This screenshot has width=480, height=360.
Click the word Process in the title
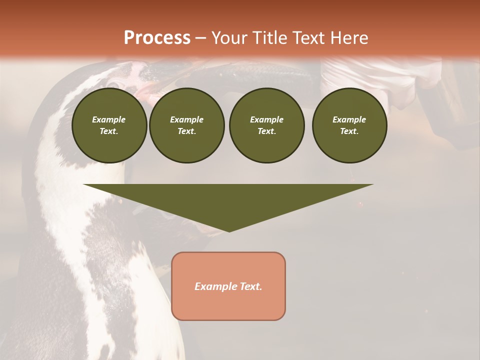(157, 38)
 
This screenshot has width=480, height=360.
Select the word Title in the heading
(269, 38)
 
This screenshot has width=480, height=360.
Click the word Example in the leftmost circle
(109, 119)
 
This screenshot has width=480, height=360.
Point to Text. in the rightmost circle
(349, 131)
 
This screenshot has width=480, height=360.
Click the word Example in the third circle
(266, 119)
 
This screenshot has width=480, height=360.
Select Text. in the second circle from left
(186, 131)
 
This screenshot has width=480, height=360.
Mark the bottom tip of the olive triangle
(229, 230)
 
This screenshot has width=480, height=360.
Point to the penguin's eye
(114, 84)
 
